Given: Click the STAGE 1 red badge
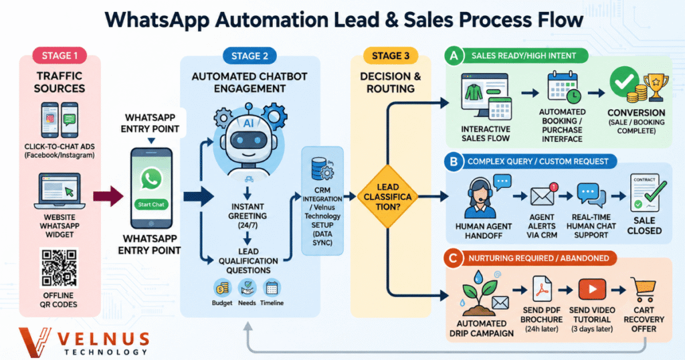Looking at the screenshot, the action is pos(60,56).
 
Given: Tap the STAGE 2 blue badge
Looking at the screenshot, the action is pos(250,56).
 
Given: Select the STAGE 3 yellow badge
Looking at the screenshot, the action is pos(391,56).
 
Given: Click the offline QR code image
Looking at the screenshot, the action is pos(59,268).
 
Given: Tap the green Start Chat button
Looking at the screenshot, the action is pos(151,204).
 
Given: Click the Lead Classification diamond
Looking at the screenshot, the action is pos(387,197).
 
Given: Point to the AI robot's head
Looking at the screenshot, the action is pos(249,133).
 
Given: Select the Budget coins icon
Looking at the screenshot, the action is pos(222,289).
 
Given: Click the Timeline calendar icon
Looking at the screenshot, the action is pos(272,289).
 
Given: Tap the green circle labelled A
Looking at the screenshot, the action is pos(454,56).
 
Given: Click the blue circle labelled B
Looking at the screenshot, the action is pos(454,162).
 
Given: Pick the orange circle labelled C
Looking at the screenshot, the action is pos(453,258).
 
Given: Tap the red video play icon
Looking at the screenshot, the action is pos(592,289).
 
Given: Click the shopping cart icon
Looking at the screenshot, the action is pos(644,290).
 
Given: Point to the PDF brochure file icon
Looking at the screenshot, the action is pos(542,289).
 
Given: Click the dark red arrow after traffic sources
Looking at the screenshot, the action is pos(108,196).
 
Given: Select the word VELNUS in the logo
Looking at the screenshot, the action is pos(104,339).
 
